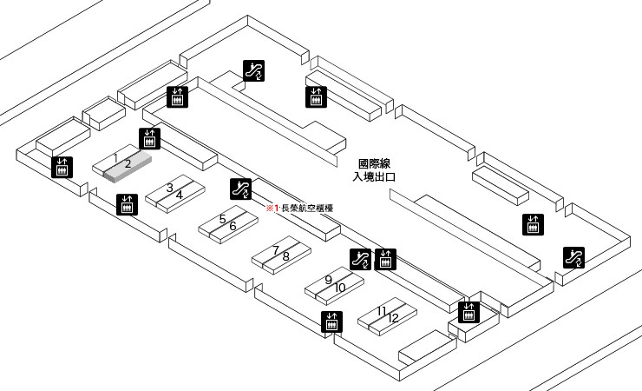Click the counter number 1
115,157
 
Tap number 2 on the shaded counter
127,163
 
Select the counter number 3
170,188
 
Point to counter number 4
180,195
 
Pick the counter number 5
222,219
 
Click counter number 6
233,226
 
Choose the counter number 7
276,250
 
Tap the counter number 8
285,256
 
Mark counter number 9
329,280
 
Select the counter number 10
340,287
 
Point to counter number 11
382,310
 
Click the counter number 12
393,318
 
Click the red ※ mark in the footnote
269,209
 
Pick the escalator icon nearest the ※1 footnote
241,187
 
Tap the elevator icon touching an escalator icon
385,258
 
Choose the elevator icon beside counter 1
149,137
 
